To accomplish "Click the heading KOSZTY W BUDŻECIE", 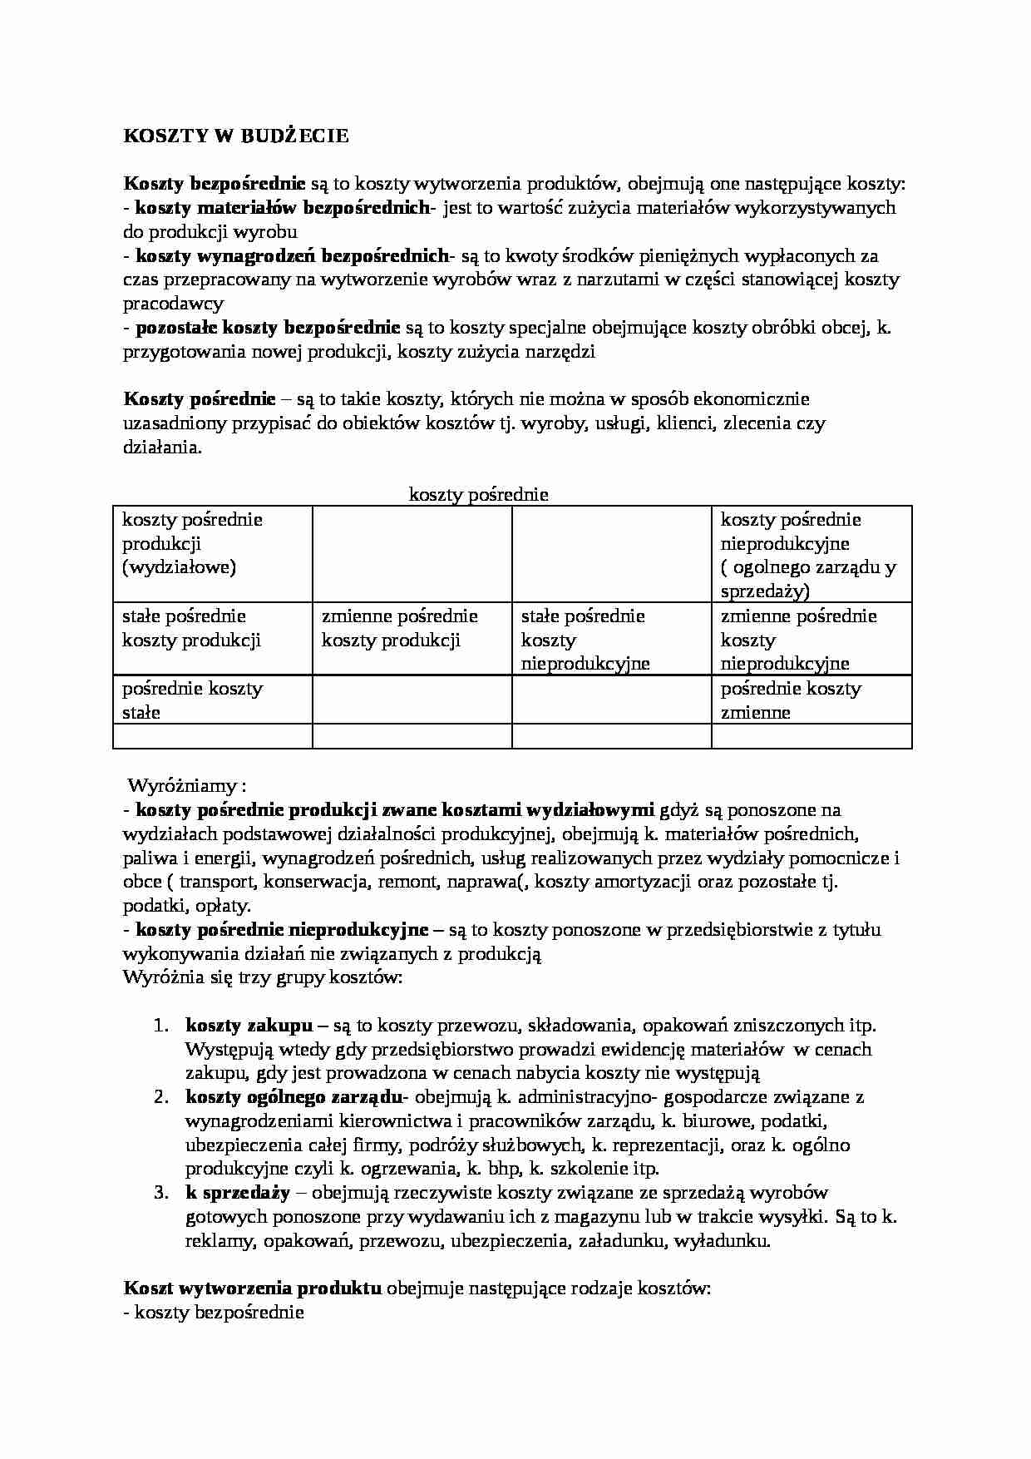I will point(236,136).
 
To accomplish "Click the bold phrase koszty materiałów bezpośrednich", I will point(283,208).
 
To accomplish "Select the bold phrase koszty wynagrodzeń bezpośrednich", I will point(291,256).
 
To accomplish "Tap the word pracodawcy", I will point(174,304).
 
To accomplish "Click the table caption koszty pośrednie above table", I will point(478,495).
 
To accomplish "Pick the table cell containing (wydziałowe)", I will point(179,567).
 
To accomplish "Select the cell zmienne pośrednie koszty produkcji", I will point(400,628).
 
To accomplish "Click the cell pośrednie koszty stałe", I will point(192,700).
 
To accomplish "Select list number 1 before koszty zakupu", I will point(162,1026).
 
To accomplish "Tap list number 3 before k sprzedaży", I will point(162,1193).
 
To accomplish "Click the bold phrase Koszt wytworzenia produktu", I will point(253,1288).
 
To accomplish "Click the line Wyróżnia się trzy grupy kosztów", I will point(263,977).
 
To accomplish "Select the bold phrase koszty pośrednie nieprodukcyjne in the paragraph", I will point(282,929).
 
